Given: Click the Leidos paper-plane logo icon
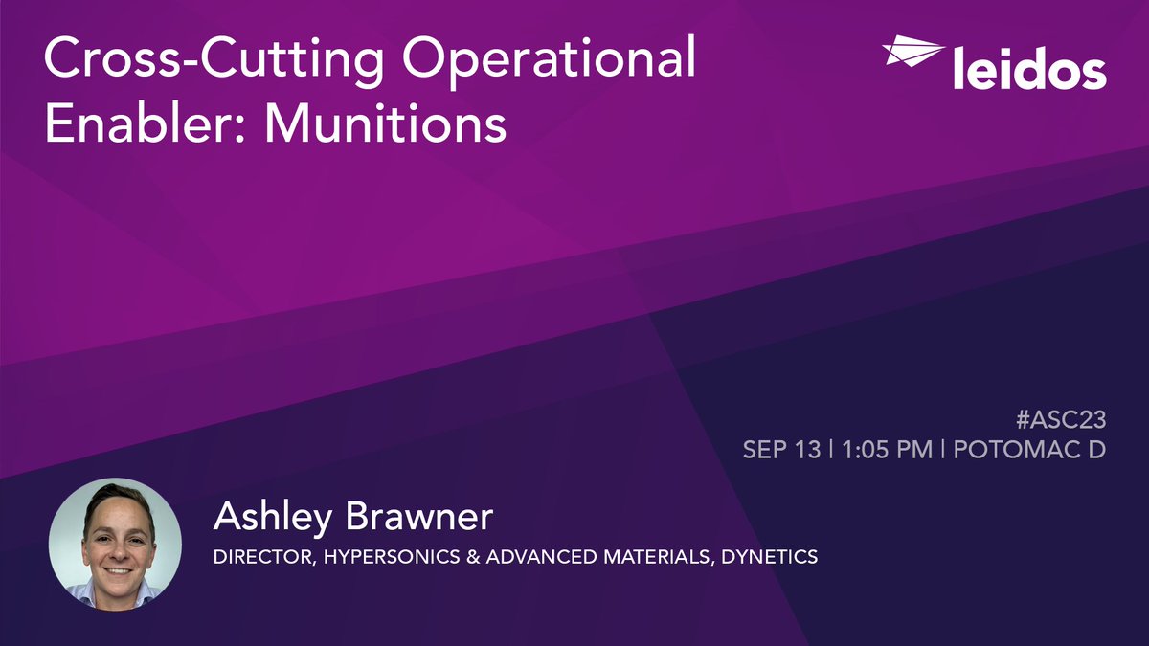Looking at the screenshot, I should point(912,52).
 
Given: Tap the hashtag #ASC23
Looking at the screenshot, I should point(1063,417).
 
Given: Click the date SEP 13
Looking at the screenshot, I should point(781,449).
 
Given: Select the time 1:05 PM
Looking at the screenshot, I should point(887,449).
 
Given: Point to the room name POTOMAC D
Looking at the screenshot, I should point(1029,449).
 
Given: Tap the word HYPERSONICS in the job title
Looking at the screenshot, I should point(374,556).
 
